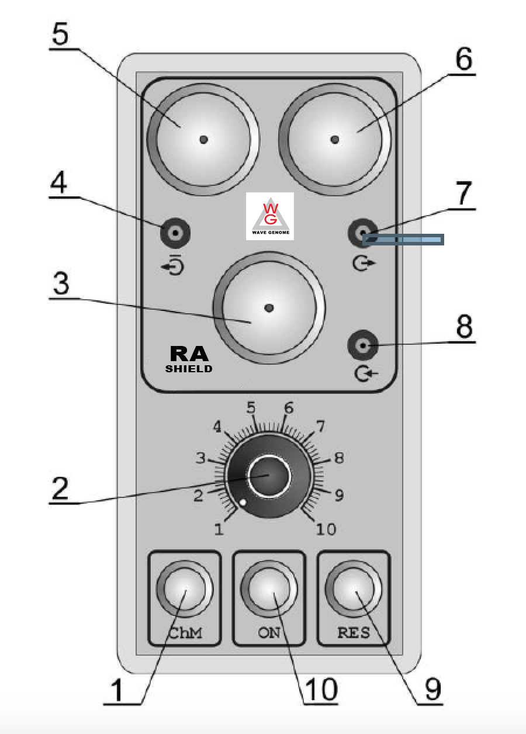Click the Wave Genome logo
[x=270, y=216]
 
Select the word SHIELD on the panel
[x=189, y=369]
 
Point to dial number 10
[x=326, y=529]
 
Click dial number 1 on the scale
[x=219, y=529]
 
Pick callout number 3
[x=60, y=284]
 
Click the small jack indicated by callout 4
[x=175, y=234]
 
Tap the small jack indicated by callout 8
[x=364, y=347]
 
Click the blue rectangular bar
[x=403, y=240]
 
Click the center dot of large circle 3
[x=269, y=307]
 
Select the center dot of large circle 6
[x=334, y=139]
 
